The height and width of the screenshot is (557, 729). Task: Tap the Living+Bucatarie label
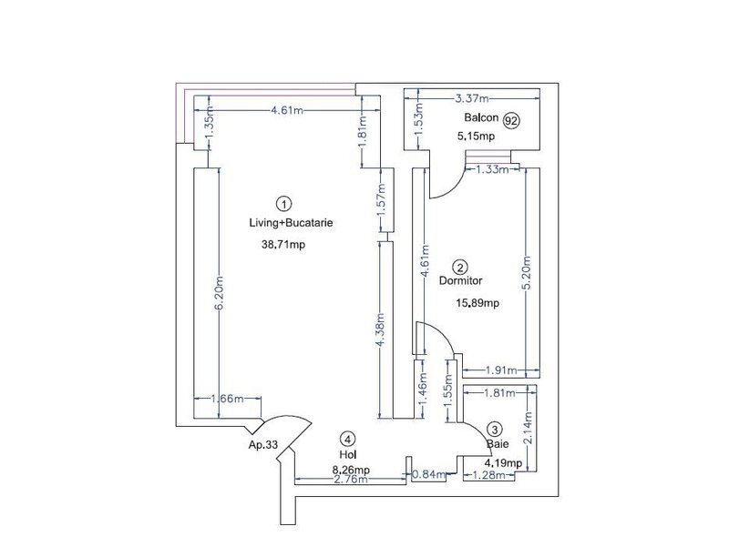284,223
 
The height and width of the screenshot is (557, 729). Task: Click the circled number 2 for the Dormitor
461,267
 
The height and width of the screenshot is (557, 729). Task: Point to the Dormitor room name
460,281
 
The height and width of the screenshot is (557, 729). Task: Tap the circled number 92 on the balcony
513,119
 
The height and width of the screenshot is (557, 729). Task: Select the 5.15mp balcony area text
476,137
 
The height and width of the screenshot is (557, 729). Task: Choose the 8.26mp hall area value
351,469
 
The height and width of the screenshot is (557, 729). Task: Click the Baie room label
497,445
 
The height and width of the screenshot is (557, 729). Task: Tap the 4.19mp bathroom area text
502,462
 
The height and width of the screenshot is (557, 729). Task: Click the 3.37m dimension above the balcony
473,96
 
